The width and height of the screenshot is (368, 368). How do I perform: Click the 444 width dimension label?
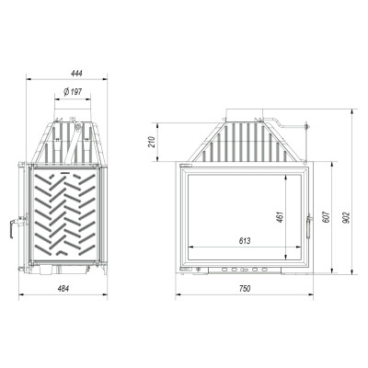coord(76,73)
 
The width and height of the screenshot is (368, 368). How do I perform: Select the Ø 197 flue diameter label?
coord(73,91)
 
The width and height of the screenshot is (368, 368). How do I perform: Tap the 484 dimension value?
coord(63,288)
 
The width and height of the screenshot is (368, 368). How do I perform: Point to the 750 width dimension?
coord(245,288)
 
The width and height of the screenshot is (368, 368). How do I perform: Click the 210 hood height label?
coord(152,142)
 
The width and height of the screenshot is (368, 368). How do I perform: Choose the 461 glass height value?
coord(281,217)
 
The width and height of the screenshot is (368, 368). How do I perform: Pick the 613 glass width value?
coord(245,241)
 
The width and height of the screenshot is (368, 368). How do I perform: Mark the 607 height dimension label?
coord(327,217)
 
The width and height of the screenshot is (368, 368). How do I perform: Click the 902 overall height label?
coord(347,217)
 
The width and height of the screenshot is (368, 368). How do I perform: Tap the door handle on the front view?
coord(309,226)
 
